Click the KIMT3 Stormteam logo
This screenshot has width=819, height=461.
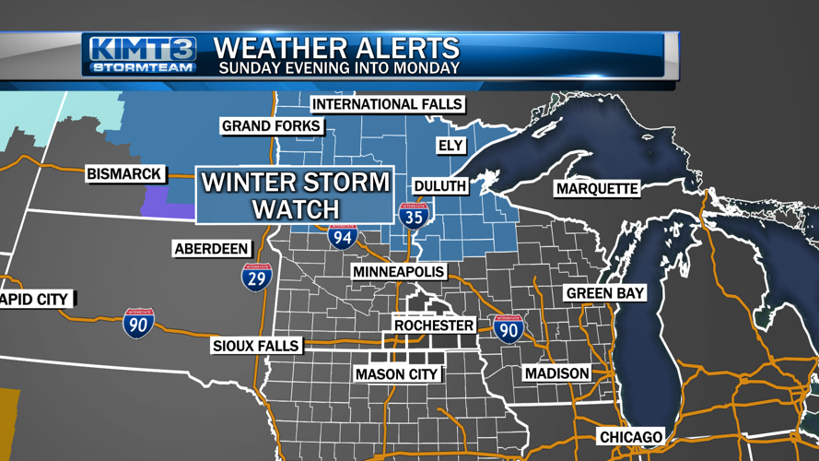[x=144, y=56]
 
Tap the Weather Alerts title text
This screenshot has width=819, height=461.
[x=336, y=47]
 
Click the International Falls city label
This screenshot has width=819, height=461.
[x=388, y=104]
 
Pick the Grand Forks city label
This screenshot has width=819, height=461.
[x=272, y=126]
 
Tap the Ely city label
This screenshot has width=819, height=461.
[x=450, y=146]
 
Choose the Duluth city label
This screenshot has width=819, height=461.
[x=440, y=186]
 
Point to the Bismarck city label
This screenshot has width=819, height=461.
[x=124, y=173]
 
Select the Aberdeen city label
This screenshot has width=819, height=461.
[x=212, y=249]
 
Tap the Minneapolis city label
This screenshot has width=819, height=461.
[x=399, y=273]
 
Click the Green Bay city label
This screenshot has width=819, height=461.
[x=605, y=293]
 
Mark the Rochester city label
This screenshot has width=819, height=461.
[x=434, y=325]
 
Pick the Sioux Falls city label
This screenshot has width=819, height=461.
[x=256, y=346]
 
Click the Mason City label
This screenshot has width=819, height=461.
[x=397, y=374]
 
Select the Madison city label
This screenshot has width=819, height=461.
[x=556, y=373]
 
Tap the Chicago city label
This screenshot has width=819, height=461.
[x=631, y=436]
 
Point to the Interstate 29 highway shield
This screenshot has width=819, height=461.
[x=257, y=276]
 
